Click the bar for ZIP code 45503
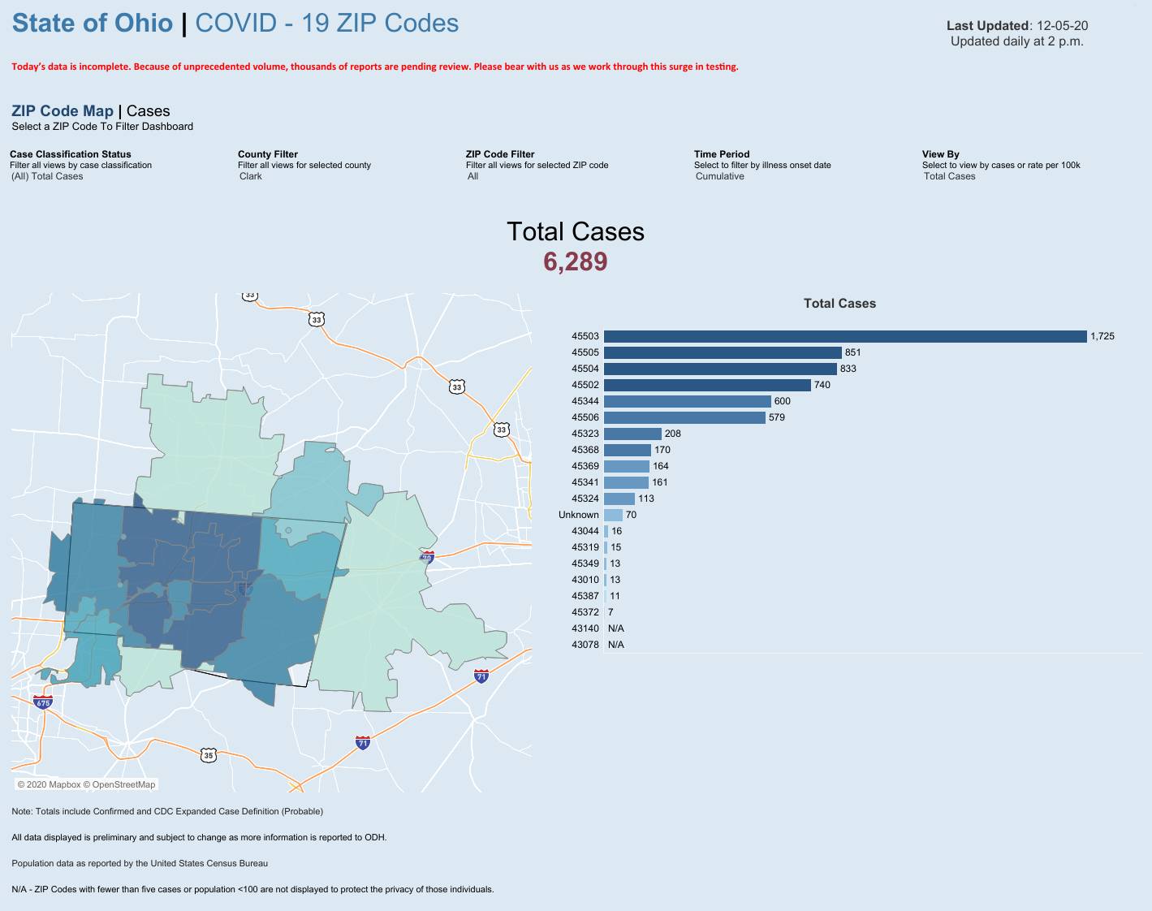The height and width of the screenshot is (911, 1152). [x=844, y=336]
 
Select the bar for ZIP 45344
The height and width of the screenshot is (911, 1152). [x=687, y=401]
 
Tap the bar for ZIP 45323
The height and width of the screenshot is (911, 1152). [x=632, y=434]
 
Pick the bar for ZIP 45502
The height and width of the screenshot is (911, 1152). [x=707, y=385]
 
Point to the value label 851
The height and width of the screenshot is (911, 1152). [x=852, y=352]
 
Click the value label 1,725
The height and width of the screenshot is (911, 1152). [x=1102, y=336]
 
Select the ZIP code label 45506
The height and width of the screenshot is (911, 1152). [x=585, y=417]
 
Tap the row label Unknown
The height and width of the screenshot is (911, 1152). [x=578, y=515]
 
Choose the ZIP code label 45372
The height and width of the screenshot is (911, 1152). [x=585, y=612]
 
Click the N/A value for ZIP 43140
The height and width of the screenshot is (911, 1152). [x=615, y=628]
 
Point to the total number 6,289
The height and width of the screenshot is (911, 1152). [x=575, y=261]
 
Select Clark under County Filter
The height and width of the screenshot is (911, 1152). [x=251, y=176]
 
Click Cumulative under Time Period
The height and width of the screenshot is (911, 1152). [x=719, y=176]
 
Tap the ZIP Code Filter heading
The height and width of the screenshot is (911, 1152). [x=500, y=154]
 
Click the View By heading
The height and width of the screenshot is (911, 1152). [x=940, y=154]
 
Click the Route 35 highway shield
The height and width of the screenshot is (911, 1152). [x=209, y=755]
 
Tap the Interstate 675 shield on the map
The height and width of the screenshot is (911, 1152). [x=43, y=702]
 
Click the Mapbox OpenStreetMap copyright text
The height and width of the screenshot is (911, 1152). [x=86, y=784]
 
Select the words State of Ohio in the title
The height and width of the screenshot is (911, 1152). [x=93, y=24]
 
